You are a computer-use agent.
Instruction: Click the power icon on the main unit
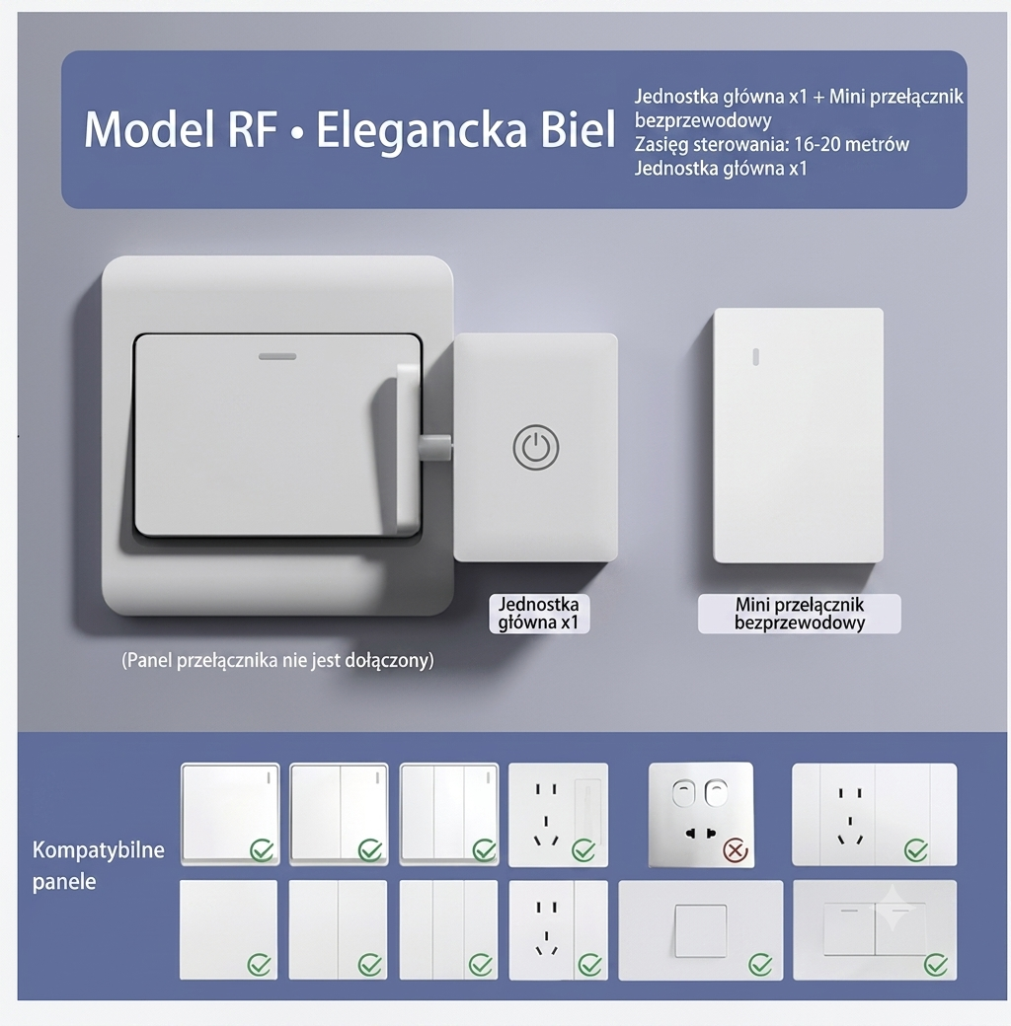pyautogui.click(x=536, y=448)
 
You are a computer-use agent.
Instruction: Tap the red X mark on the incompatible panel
pyautogui.click(x=735, y=850)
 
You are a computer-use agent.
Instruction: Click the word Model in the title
pyautogui.click(x=149, y=129)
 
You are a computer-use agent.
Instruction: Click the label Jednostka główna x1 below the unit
pyautogui.click(x=539, y=613)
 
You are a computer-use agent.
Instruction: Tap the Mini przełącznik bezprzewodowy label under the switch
pyautogui.click(x=800, y=613)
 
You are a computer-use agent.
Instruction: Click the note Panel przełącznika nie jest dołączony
pyautogui.click(x=277, y=660)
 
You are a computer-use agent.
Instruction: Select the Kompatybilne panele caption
pyautogui.click(x=98, y=865)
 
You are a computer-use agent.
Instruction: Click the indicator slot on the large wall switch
pyautogui.click(x=277, y=356)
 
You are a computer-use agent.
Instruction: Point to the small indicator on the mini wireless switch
pyautogui.click(x=755, y=356)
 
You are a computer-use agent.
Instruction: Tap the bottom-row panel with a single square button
pyautogui.click(x=701, y=929)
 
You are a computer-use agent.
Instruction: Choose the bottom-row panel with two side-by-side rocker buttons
pyautogui.click(x=875, y=929)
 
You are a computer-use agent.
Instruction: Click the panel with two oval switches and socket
pyautogui.click(x=701, y=815)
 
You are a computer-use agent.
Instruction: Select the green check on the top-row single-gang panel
pyautogui.click(x=262, y=850)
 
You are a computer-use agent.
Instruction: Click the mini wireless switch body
pyautogui.click(x=798, y=435)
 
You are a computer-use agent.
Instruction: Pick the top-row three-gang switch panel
pyautogui.click(x=449, y=814)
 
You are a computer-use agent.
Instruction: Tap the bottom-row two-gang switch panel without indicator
pyautogui.click(x=338, y=929)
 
